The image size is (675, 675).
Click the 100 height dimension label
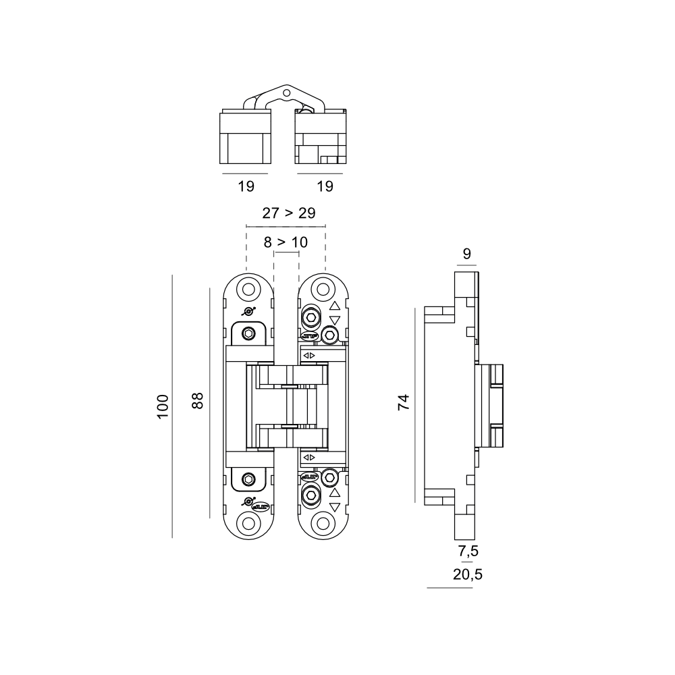pyautogui.click(x=163, y=406)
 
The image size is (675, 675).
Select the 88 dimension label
pyautogui.click(x=198, y=400)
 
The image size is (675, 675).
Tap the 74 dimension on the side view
pyautogui.click(x=404, y=402)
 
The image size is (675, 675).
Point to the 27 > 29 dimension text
pyautogui.click(x=289, y=213)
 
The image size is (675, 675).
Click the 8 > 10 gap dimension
pyautogui.click(x=286, y=242)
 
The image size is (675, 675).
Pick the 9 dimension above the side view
pyautogui.click(x=467, y=254)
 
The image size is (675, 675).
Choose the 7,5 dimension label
pyautogui.click(x=468, y=551)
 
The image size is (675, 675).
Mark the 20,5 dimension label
pyautogui.click(x=468, y=574)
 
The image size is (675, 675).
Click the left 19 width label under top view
pyautogui.click(x=246, y=186)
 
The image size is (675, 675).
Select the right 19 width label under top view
pyautogui.click(x=325, y=186)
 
